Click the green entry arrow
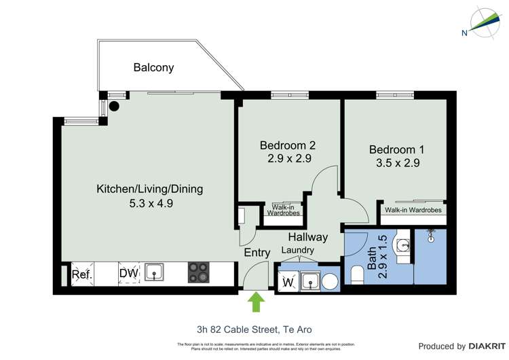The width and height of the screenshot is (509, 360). pyautogui.click(x=257, y=302)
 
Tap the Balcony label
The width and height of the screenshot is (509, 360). pyautogui.click(x=153, y=67)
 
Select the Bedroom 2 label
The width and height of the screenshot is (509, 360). pyautogui.click(x=288, y=145)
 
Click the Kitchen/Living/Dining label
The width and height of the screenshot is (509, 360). pyautogui.click(x=149, y=189)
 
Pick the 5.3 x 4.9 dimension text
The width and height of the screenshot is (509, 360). pyautogui.click(x=149, y=202)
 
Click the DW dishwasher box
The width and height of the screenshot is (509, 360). pyautogui.click(x=130, y=273)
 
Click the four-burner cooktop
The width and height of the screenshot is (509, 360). pyautogui.click(x=200, y=273)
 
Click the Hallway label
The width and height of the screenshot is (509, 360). pyautogui.click(x=307, y=237)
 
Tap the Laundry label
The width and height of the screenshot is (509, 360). pyautogui.click(x=298, y=250)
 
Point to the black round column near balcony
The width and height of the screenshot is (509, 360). pyautogui.click(x=115, y=106)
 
